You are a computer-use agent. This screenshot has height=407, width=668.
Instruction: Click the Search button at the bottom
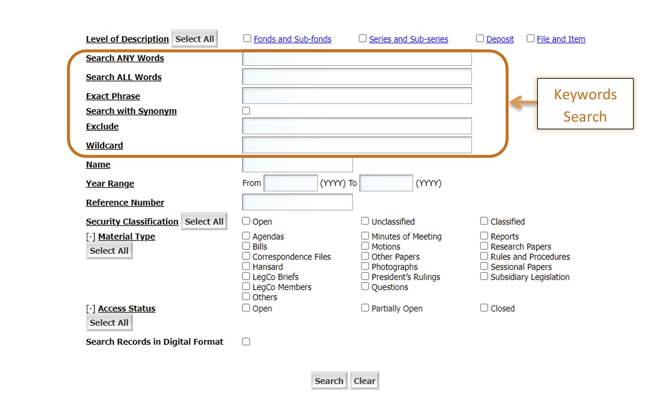329,381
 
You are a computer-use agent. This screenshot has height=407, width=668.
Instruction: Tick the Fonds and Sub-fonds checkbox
247,39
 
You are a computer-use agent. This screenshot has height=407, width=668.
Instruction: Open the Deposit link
500,39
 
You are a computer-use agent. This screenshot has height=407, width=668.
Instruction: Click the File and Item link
561,39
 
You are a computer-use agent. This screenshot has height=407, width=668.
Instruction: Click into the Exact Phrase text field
357,96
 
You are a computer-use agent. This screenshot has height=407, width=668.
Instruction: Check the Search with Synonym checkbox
246,111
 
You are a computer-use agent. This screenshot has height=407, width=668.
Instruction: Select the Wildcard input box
357,145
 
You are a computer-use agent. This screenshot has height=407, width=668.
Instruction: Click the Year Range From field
290,183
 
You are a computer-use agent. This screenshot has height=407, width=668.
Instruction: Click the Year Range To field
386,183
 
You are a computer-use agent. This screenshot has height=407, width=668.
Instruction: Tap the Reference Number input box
297,202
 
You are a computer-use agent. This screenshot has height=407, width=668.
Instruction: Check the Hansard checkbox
246,266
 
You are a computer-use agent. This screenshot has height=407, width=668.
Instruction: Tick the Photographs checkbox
365,266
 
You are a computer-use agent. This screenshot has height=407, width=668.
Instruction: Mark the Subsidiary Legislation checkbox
484,277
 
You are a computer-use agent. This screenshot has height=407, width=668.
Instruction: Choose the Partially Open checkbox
365,308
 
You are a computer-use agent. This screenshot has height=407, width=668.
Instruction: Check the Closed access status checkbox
484,308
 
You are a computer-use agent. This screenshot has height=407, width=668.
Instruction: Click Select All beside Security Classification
204,221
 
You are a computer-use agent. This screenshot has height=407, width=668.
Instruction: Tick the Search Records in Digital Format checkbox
246,342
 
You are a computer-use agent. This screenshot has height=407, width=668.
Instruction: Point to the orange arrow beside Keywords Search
524,102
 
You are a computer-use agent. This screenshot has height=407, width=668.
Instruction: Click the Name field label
98,164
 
